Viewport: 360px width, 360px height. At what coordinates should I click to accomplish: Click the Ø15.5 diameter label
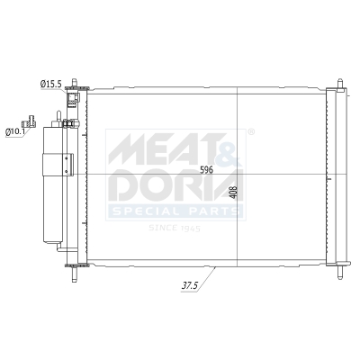[50, 84]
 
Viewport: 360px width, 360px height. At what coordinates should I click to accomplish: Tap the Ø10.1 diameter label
[15, 131]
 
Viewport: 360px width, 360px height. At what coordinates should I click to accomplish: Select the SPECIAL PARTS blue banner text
[175, 211]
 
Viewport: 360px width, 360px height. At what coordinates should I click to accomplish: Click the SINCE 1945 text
[175, 229]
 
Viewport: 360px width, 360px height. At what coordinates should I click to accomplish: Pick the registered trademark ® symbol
[249, 132]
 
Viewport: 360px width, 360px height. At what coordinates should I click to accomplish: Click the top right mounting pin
[340, 85]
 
